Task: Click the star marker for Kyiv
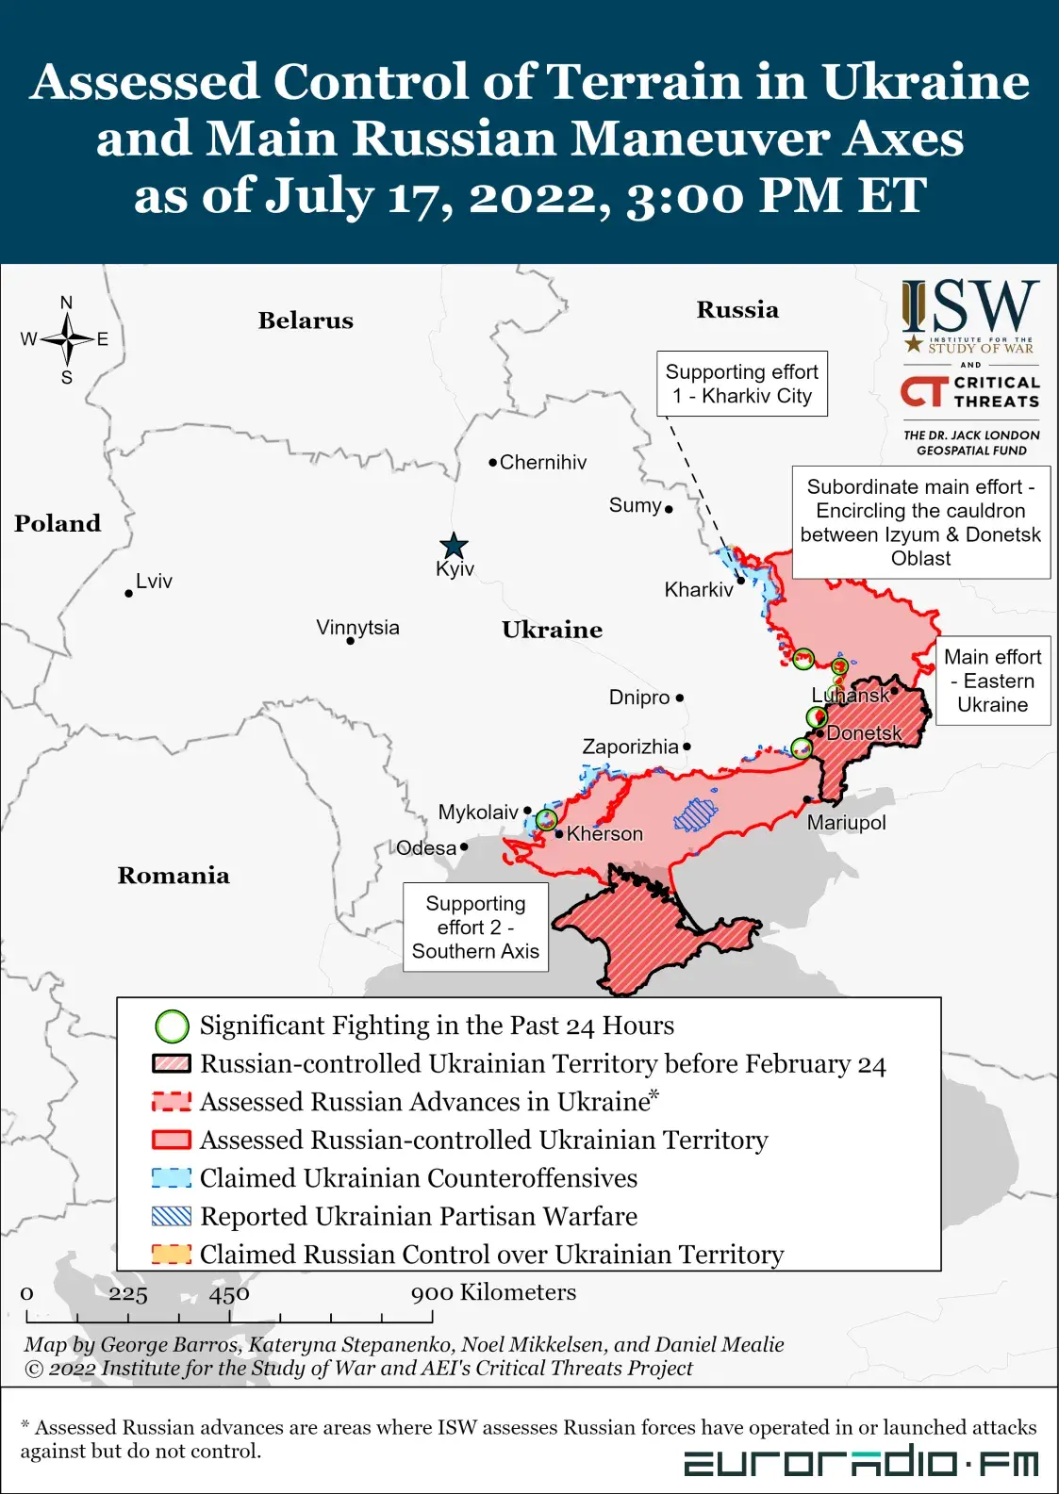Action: coord(454,546)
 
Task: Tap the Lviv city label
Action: coord(154,581)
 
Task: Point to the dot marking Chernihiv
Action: coord(492,463)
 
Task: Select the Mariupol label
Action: coord(846,822)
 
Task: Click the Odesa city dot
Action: coord(464,846)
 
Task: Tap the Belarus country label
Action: coord(306,320)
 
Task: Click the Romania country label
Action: coord(174,876)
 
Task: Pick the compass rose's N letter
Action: coord(66,303)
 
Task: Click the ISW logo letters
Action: coord(969,307)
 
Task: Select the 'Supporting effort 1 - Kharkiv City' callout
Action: coord(741,384)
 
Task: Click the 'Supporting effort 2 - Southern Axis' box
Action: coord(475,927)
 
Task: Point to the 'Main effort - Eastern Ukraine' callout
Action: coord(992,681)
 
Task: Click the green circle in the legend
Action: coord(172,1026)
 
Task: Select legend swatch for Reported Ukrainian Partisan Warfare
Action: coord(172,1217)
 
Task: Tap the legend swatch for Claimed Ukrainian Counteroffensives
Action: coord(172,1178)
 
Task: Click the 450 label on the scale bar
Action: coord(229,1294)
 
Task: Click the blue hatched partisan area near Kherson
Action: coord(696,814)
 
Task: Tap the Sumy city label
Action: coord(635,505)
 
